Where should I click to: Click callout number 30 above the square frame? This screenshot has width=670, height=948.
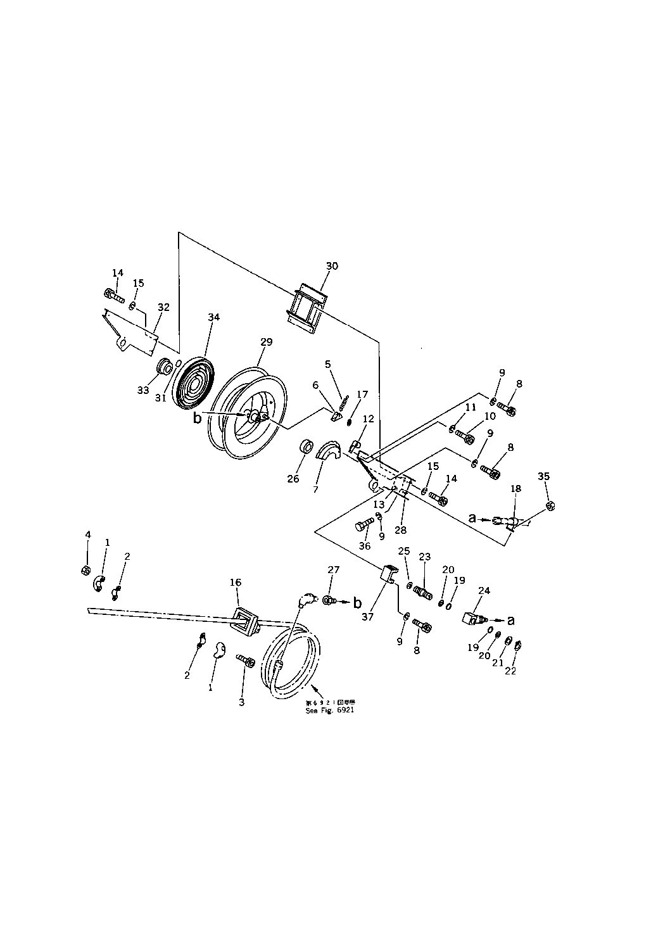[332, 266]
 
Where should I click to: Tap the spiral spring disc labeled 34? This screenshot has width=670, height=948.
[194, 386]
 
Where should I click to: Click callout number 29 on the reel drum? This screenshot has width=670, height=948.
[266, 342]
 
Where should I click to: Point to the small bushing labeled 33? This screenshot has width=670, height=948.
[165, 367]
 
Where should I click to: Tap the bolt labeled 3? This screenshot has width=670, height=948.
[246, 662]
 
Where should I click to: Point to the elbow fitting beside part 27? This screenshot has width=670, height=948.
[306, 599]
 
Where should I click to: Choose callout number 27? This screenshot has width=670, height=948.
[334, 571]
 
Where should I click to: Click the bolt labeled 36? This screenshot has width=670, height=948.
[366, 524]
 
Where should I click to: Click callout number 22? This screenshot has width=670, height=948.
[510, 671]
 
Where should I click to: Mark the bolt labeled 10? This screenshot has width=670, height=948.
[467, 438]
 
